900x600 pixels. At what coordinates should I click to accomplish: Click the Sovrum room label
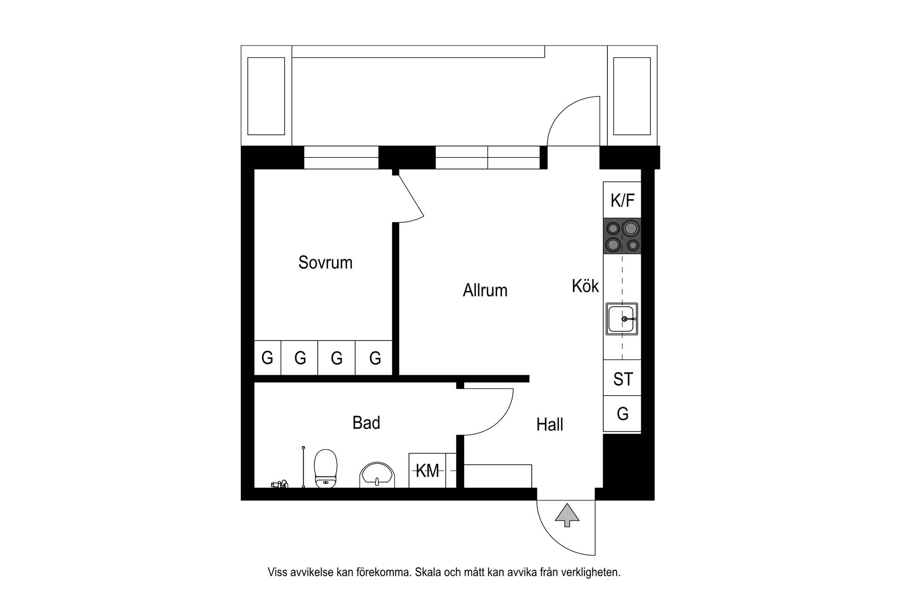pyautogui.click(x=325, y=262)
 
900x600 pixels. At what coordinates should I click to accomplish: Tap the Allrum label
pyautogui.click(x=485, y=291)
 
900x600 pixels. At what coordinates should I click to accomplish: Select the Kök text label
pyautogui.click(x=585, y=286)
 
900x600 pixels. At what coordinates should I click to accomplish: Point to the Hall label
pyautogui.click(x=550, y=425)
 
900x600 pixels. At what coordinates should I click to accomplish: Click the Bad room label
pyautogui.click(x=366, y=423)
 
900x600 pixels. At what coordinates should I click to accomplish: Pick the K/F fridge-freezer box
pyautogui.click(x=622, y=200)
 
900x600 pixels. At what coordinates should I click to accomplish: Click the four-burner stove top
pyautogui.click(x=622, y=236)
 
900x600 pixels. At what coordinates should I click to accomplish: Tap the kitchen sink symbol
pyautogui.click(x=622, y=319)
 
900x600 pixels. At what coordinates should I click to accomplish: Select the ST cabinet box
pyautogui.click(x=622, y=378)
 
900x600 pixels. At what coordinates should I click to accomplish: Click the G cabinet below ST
pyautogui.click(x=622, y=414)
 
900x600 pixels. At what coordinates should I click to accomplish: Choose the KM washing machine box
pyautogui.click(x=427, y=470)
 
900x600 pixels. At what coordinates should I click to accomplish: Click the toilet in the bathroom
pyautogui.click(x=326, y=469)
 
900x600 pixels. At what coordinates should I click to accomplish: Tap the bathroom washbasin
pyautogui.click(x=377, y=475)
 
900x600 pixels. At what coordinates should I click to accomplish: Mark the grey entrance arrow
pyautogui.click(x=567, y=515)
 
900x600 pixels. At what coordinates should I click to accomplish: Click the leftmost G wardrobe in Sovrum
pyautogui.click(x=268, y=358)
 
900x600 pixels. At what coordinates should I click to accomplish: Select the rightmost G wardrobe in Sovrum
pyautogui.click(x=374, y=358)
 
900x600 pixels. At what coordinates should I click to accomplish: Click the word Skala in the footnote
pyautogui.click(x=428, y=572)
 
